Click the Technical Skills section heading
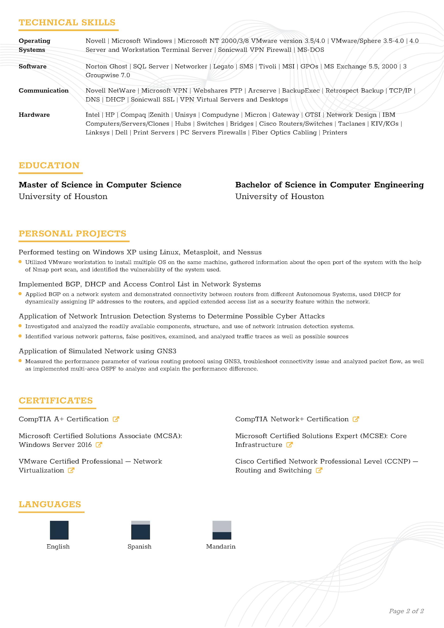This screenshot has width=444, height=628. click(x=67, y=22)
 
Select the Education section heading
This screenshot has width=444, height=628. click(x=49, y=165)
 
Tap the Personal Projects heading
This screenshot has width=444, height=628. click(x=73, y=234)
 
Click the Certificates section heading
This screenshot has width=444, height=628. click(x=56, y=400)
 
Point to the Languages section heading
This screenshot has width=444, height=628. click(x=50, y=504)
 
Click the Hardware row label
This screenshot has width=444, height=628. click(x=34, y=115)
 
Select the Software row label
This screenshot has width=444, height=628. click(x=33, y=67)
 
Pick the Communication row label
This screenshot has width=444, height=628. click(x=43, y=91)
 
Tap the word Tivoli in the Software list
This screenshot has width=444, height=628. click(x=267, y=67)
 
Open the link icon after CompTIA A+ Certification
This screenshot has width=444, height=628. click(x=116, y=419)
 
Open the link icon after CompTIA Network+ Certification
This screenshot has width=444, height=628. click(x=356, y=419)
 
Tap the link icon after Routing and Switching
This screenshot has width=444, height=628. click(x=319, y=470)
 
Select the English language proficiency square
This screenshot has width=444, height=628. click(x=59, y=530)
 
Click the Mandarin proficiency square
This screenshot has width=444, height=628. click(x=222, y=530)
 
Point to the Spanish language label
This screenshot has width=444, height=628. click(x=139, y=546)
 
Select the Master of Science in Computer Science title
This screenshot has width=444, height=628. click(x=100, y=185)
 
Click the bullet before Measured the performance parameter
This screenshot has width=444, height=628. click(x=20, y=361)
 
